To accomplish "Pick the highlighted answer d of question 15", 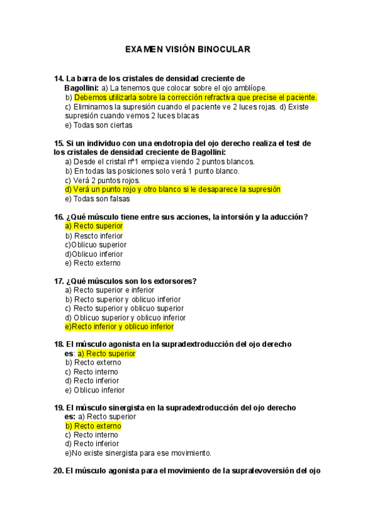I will [x=172, y=189].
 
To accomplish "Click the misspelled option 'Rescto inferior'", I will [x=94, y=236].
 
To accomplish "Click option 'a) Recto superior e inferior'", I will [x=114, y=290].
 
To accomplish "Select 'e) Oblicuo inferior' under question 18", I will [x=95, y=390].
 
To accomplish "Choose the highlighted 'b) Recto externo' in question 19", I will [x=93, y=426].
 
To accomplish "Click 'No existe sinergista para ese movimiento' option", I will [x=137, y=453].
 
